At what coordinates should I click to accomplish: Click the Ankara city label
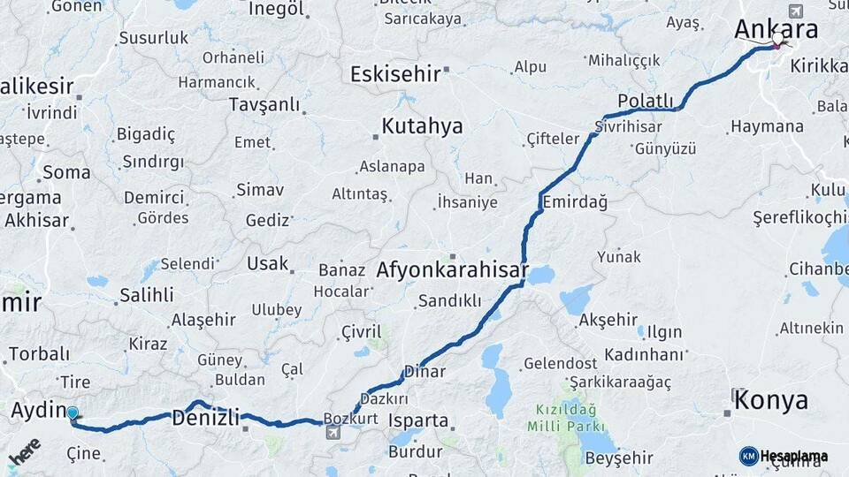tap(776, 29)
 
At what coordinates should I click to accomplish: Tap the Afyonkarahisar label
tap(452, 270)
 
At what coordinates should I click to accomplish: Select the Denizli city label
tap(204, 415)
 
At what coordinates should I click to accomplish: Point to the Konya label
tap(771, 400)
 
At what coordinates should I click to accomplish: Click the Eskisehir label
tap(395, 73)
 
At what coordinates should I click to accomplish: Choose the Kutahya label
tap(422, 126)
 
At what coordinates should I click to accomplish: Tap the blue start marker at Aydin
tap(73, 413)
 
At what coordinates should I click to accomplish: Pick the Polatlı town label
tap(646, 101)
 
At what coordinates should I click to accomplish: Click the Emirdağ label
tap(575, 202)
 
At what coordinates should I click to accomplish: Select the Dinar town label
tap(424, 372)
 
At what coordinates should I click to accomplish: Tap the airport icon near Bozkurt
tap(333, 432)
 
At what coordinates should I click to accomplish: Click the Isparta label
tap(417, 420)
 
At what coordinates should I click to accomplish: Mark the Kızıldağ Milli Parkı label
tap(567, 419)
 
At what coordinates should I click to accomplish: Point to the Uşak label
tap(267, 263)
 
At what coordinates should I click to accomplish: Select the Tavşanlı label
tap(264, 104)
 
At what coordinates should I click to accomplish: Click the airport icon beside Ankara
tap(795, 11)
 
